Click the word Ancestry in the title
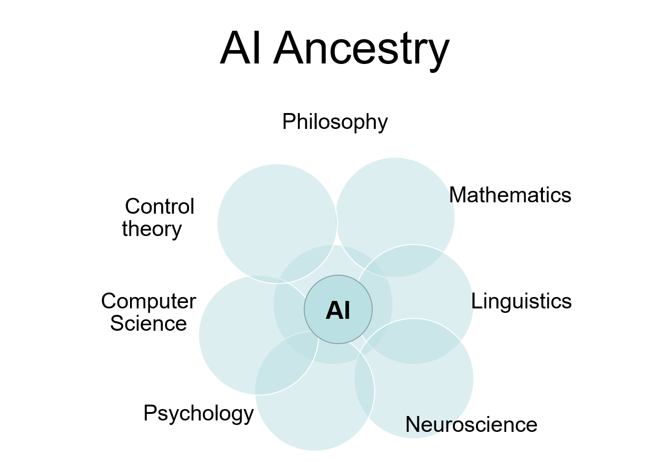[x=361, y=49]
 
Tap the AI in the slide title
[x=240, y=47]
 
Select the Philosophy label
[x=335, y=122]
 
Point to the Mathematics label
[x=510, y=195]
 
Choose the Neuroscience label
[x=471, y=424]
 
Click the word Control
[x=160, y=206]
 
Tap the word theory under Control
[x=152, y=230]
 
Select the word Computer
[x=149, y=301]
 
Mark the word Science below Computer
[x=148, y=323]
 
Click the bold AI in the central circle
[x=338, y=310]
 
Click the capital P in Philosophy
[x=289, y=121]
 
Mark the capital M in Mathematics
[x=459, y=195]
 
